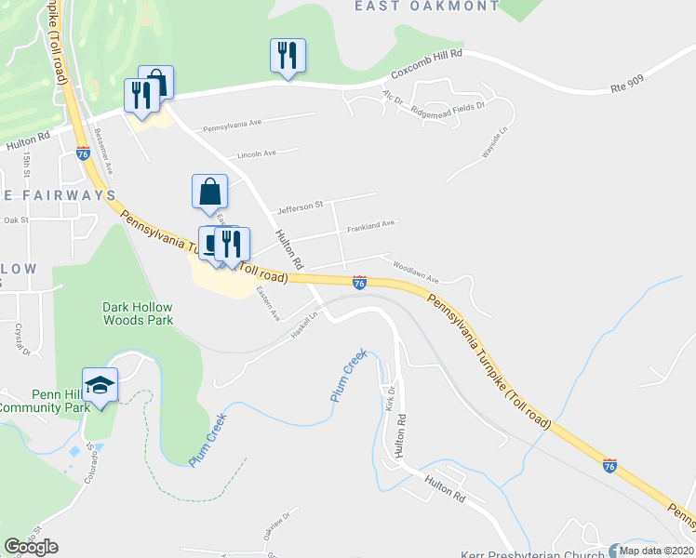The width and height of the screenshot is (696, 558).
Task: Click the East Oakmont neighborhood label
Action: pyautogui.click(x=427, y=7)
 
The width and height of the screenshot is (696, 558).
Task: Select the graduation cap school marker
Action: pyautogui.click(x=99, y=385)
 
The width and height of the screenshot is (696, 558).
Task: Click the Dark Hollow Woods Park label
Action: pyautogui.click(x=138, y=312)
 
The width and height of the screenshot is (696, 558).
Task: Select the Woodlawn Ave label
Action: pyautogui.click(x=415, y=266)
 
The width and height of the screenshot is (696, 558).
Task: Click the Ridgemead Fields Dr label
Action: pyautogui.click(x=448, y=109)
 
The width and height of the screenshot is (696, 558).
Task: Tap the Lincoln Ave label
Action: pyautogui.click(x=257, y=153)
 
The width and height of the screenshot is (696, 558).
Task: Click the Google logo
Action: pyautogui.click(x=31, y=547)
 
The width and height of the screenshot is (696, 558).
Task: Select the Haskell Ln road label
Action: pyautogui.click(x=303, y=325)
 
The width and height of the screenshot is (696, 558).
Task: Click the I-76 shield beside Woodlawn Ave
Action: pyautogui.click(x=359, y=282)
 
